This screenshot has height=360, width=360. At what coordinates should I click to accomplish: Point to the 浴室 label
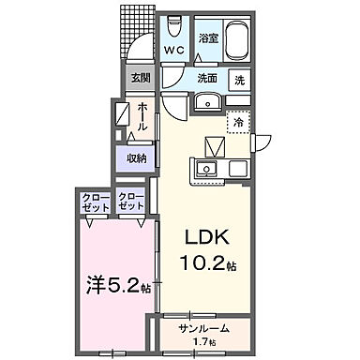point(207,37)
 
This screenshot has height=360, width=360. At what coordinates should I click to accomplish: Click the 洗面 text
point(206,80)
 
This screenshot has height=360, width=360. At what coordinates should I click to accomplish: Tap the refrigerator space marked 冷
point(238,123)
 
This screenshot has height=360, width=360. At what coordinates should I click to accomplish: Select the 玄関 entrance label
point(140,78)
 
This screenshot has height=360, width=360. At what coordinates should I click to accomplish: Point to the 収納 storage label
point(137,157)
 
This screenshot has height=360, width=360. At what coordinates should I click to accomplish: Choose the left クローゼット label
point(93,202)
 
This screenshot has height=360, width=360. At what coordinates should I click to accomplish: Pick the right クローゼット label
point(129,202)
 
